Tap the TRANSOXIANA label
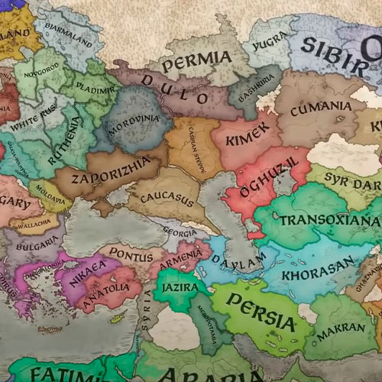pos(330,220)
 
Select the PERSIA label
pos(261,312)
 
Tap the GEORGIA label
pos(180,232)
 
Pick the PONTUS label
pos(131,251)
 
